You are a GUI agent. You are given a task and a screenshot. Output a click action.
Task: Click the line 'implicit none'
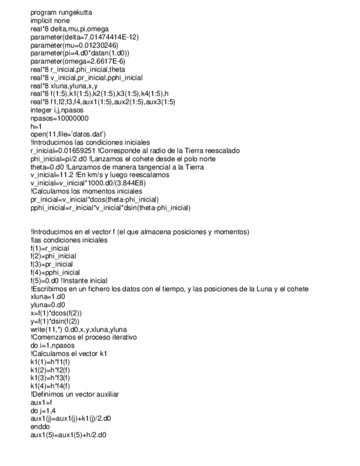[x=50, y=20]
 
